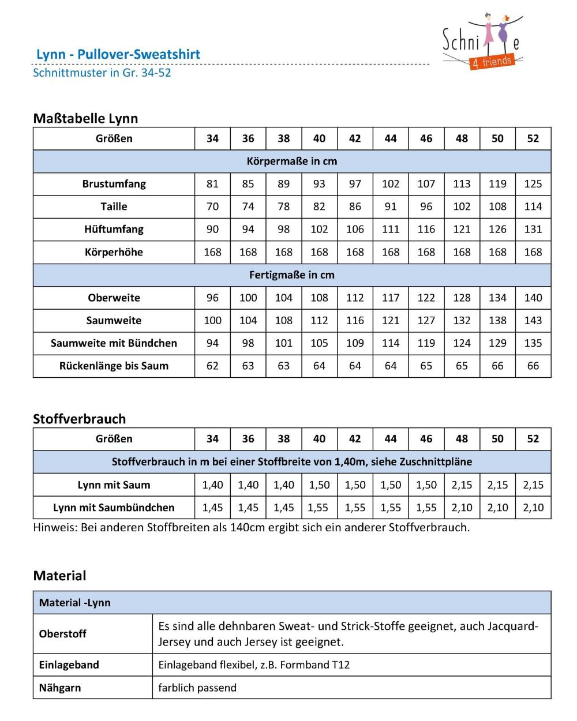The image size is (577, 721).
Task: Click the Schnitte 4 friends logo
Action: point(482,43)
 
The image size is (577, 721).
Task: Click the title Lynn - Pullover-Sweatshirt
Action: point(118,54)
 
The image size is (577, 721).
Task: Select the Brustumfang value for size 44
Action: point(391,184)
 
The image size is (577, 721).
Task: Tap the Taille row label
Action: point(114,206)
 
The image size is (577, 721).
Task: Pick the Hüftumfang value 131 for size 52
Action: point(533,229)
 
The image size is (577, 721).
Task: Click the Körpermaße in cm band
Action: point(292,162)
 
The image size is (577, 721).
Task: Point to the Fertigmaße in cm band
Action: point(292,275)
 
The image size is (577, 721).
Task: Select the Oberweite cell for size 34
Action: point(212,298)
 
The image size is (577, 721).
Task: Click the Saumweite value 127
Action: point(426,321)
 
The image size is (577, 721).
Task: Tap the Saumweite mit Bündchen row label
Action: point(114,343)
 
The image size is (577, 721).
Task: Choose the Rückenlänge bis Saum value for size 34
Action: point(212,366)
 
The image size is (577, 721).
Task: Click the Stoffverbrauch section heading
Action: point(79,419)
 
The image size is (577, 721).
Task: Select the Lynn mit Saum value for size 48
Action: point(462,485)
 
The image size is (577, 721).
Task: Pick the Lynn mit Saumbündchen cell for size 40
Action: point(319,508)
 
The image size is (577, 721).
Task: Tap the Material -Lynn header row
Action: point(75,603)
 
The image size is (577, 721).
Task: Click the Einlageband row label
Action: point(69,665)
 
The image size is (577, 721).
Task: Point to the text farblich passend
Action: point(197,688)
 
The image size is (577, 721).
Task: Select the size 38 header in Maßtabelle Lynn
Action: point(284,138)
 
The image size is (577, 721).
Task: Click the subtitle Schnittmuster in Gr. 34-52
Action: point(102,73)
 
